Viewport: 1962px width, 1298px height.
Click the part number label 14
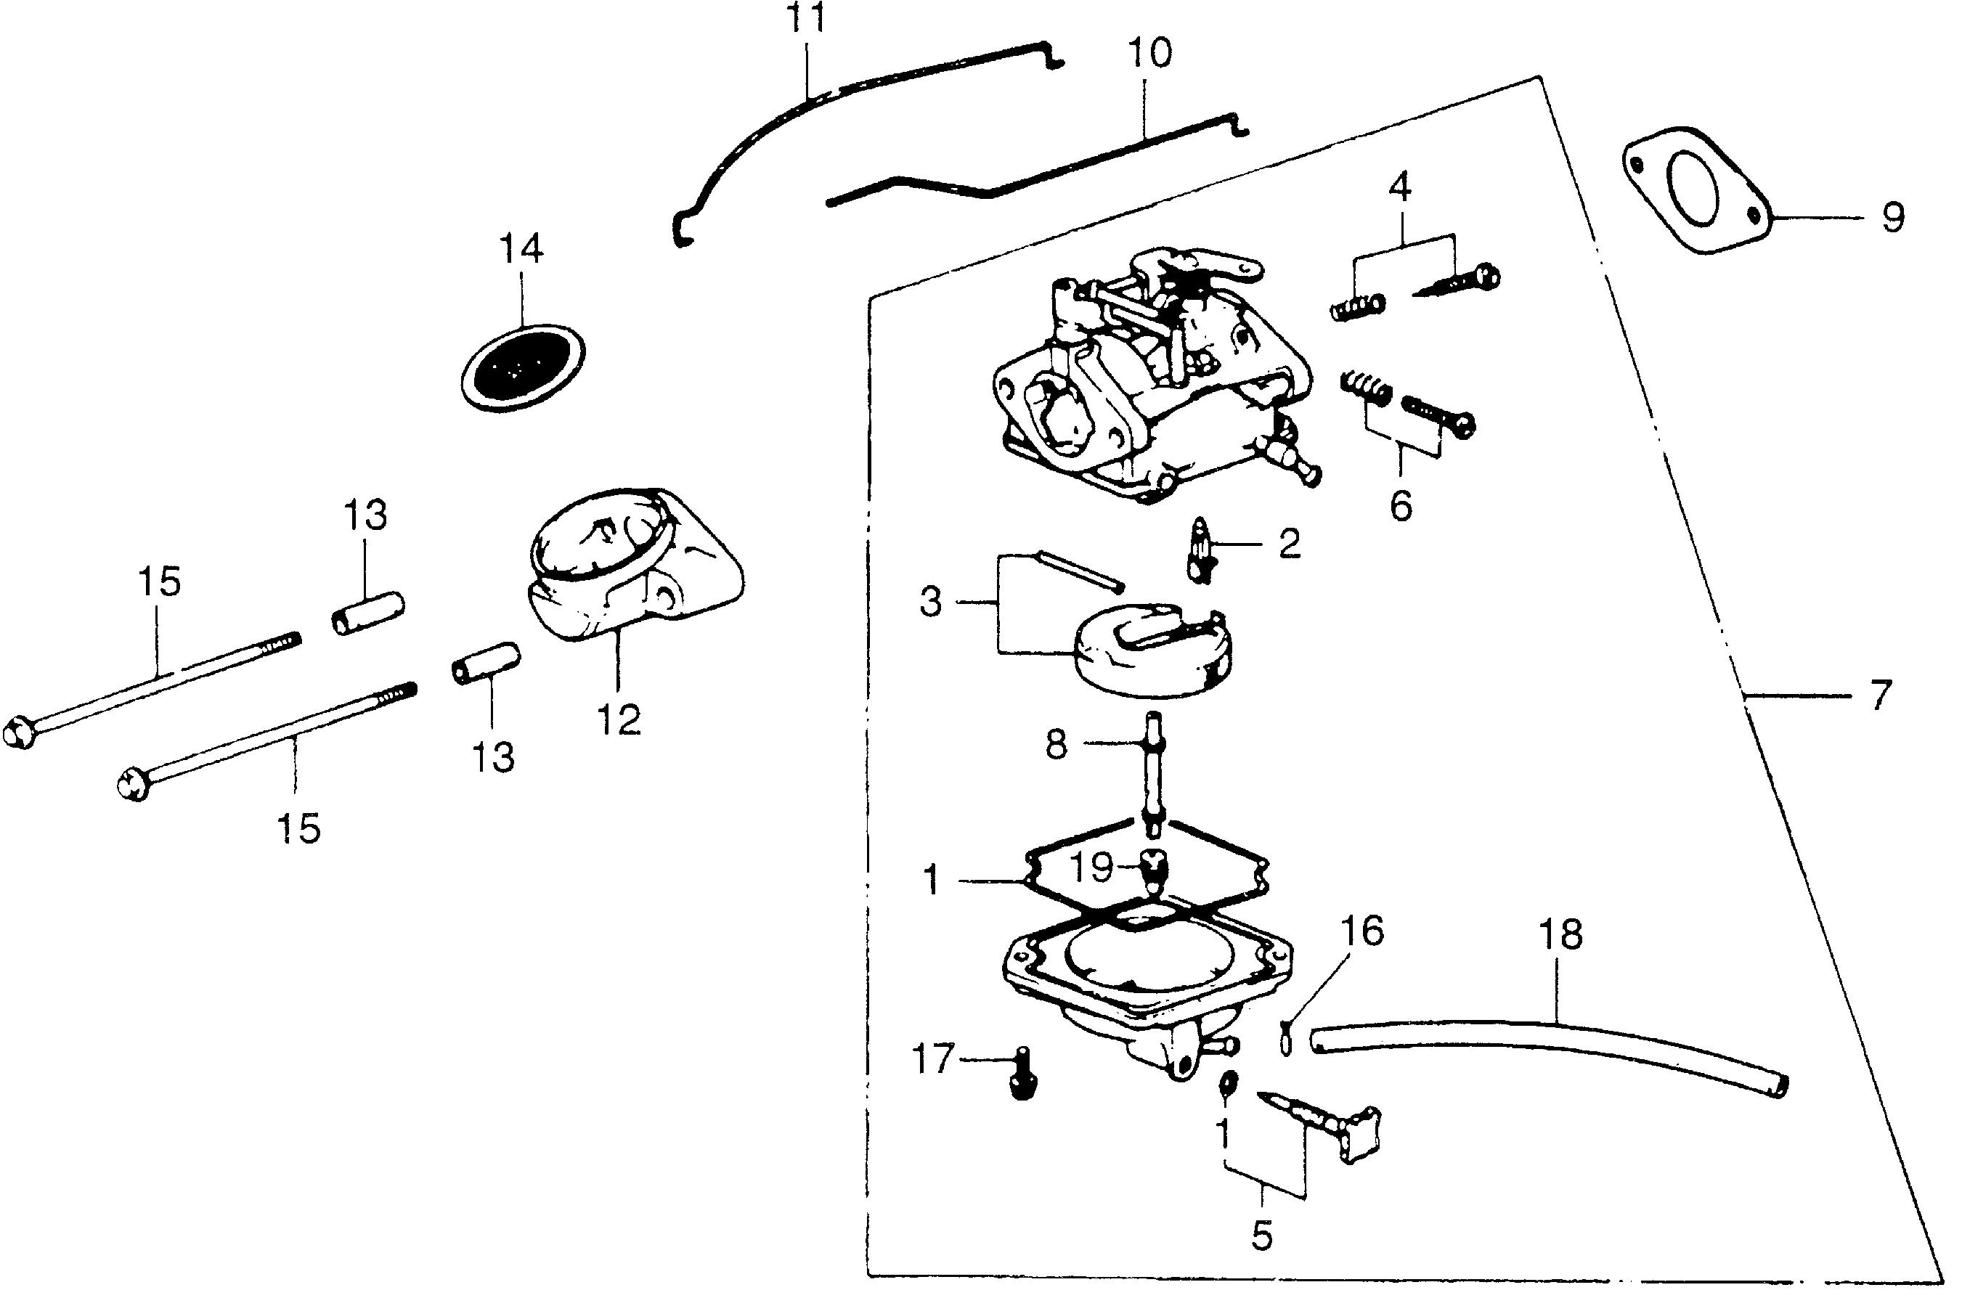(x=521, y=248)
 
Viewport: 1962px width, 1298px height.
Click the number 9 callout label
(x=1892, y=218)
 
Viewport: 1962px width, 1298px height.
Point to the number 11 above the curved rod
(x=805, y=19)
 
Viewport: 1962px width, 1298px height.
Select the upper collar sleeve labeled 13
(x=368, y=612)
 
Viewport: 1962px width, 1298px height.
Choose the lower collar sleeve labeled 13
(x=486, y=663)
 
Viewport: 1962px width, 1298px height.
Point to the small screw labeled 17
(x=1024, y=1075)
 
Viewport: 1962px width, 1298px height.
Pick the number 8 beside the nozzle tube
(x=1057, y=744)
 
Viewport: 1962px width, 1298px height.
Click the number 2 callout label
(x=1289, y=543)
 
